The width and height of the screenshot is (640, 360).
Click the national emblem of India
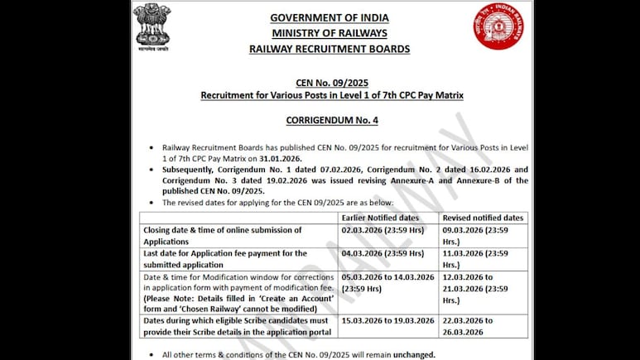coord(152,27)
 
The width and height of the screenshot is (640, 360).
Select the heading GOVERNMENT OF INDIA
coord(330,18)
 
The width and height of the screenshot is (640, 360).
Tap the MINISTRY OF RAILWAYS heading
coord(330,33)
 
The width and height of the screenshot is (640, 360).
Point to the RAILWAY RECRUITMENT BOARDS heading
coord(330,49)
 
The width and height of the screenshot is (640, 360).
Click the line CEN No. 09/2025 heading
coord(331,82)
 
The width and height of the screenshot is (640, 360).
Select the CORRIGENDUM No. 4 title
coord(331,120)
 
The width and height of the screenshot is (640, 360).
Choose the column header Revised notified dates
coord(483,217)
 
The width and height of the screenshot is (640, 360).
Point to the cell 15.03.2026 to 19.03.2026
coord(387,320)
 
